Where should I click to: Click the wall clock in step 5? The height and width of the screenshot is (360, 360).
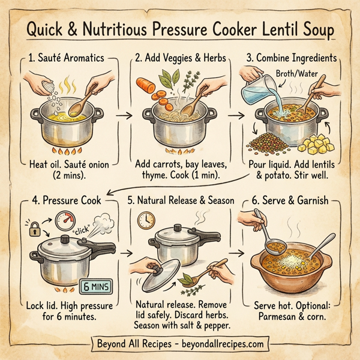pos(150,219)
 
